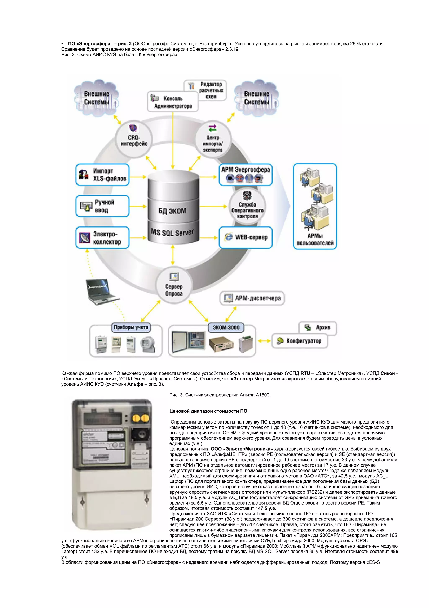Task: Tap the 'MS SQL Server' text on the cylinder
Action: coord(172,233)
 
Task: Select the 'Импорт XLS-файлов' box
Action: coord(103,175)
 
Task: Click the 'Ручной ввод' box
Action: coord(103,206)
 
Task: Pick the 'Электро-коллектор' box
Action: coord(103,238)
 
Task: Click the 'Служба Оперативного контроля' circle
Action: coord(247,206)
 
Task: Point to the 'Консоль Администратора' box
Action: coord(173,102)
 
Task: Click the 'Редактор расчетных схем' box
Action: coord(205,90)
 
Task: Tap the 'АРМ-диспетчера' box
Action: coord(252,298)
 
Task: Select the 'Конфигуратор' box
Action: coord(300,341)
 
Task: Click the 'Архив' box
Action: coord(318,328)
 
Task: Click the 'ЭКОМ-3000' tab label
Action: coord(226,328)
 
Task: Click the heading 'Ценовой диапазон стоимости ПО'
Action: coord(208,411)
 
